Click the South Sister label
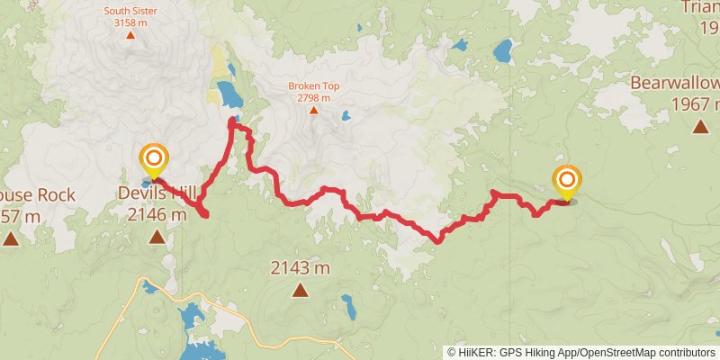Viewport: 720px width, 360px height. point(130,12)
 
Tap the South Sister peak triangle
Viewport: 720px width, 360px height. point(130,36)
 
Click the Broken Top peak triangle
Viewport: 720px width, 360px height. point(313,111)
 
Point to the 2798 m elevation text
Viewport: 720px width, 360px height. point(314,97)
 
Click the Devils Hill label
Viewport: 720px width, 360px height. point(156,192)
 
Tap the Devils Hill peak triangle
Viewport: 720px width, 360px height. point(157,237)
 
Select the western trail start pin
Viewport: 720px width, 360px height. point(154,160)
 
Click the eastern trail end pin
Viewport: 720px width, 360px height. point(567,182)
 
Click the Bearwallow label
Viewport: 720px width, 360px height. point(674,84)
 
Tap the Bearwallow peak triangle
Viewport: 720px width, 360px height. point(700,127)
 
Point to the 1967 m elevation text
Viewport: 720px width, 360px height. point(696,103)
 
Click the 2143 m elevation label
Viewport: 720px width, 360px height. point(300,267)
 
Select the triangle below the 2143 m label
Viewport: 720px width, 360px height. point(300,290)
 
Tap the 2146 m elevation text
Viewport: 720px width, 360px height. point(157,214)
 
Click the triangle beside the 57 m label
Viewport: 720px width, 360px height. point(11,238)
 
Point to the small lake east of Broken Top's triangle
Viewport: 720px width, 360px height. point(345,115)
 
